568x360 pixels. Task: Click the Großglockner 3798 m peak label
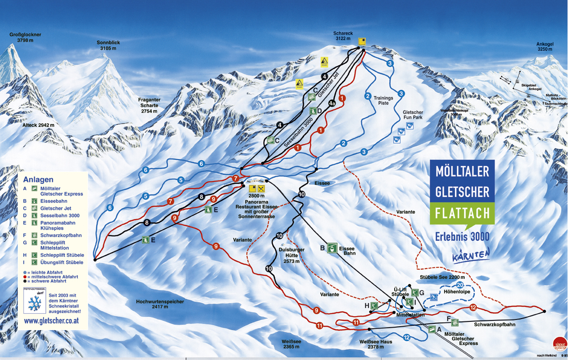tap(25, 38)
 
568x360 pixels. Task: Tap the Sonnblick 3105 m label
tap(108, 45)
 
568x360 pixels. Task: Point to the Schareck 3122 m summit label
tap(343, 36)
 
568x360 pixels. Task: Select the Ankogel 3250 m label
tap(544, 46)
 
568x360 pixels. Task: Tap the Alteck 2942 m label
tap(38, 125)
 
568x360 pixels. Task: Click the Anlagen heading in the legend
tap(38, 180)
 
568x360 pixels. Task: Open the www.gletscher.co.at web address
tap(52, 321)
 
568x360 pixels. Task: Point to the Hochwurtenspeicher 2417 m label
tap(160, 304)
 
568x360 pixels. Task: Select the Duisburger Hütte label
tap(292, 255)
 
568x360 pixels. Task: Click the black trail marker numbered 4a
tap(332, 103)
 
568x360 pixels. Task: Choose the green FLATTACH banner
tap(462, 212)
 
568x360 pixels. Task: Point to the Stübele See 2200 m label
tap(442, 277)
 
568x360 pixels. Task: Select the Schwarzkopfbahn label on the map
tap(494, 325)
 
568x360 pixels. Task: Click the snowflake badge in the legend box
tap(35, 302)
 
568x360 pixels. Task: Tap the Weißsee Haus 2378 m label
tap(376, 344)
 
